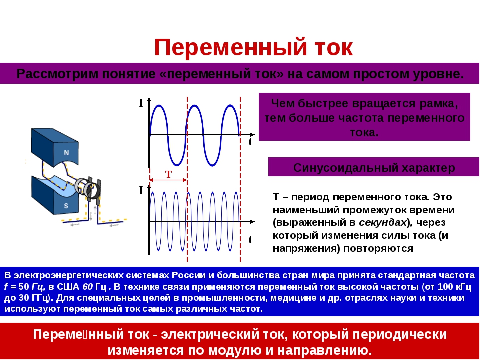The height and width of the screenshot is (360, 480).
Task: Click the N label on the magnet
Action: click(66, 152)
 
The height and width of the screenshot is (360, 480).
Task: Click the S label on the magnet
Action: click(66, 206)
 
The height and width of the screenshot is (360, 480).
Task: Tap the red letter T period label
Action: click(168, 174)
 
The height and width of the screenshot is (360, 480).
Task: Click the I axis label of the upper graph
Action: click(141, 103)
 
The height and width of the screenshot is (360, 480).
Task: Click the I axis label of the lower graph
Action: click(141, 190)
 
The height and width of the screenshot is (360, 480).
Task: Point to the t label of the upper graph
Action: click(250, 142)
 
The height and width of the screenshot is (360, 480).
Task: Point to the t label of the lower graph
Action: click(250, 240)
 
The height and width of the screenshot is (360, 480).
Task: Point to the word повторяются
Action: click(378, 248)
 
